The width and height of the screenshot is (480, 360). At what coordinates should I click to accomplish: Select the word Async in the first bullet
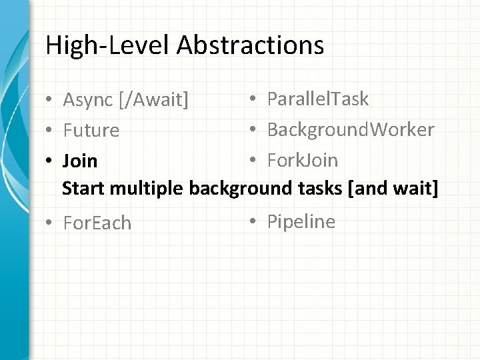(88, 100)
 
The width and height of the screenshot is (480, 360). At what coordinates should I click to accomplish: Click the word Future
(91, 130)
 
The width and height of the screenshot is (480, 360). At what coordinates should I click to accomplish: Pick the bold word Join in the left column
(79, 161)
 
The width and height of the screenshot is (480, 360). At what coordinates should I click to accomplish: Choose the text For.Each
(97, 223)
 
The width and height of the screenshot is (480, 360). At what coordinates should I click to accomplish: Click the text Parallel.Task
(318, 99)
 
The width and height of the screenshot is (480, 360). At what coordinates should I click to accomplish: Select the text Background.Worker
(351, 129)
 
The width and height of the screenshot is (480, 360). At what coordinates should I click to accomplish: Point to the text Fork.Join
(303, 160)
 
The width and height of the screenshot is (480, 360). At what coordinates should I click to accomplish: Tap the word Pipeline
(301, 221)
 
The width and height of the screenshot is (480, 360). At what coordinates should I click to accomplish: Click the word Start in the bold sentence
(83, 189)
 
